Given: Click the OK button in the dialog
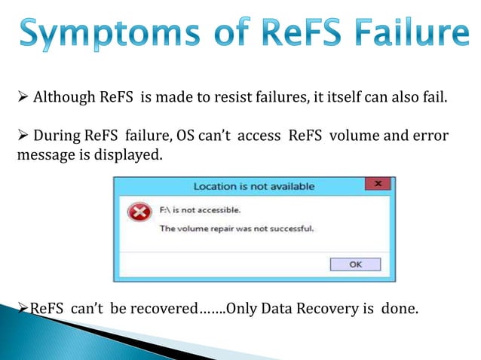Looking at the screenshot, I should click(x=355, y=264).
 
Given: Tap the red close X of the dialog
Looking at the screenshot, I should click(x=378, y=185).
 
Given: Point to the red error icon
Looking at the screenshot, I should click(x=138, y=213).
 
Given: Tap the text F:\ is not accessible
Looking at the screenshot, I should click(x=200, y=209).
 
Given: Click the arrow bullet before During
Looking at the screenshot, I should click(x=23, y=136).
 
